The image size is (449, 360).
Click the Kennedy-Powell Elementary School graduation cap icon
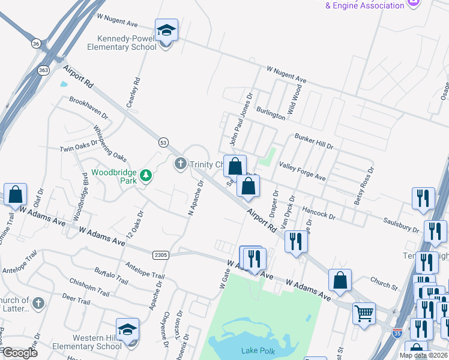pos(166,30)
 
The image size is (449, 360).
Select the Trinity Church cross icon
pos(181,164)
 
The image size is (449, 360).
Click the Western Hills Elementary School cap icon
pos(128,330)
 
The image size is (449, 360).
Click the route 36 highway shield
pos(36,44)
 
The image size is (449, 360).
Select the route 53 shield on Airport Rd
pos(163,142)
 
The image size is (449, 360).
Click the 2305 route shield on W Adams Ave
pos(160,255)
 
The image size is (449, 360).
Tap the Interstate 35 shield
pos(397,331)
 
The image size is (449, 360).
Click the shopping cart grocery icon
pos(364,314)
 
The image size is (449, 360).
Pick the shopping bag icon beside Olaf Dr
pos(15,195)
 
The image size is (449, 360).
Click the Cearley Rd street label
pos(133,92)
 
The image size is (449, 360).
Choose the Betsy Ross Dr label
pos(364,186)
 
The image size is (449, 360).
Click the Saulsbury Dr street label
pos(402,226)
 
